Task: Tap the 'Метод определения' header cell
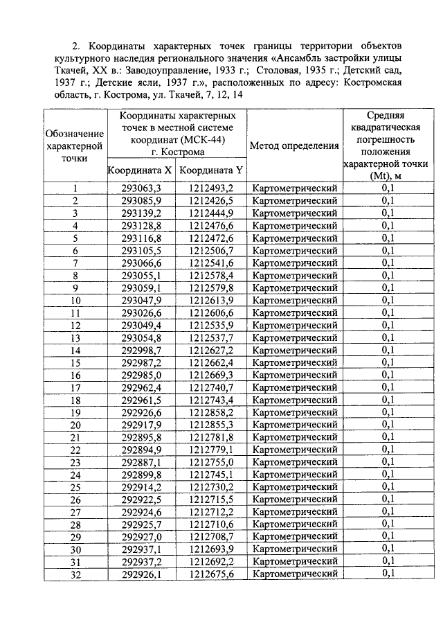(x=294, y=145)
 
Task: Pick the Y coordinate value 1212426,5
(x=210, y=200)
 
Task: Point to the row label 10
(x=75, y=301)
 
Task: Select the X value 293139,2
(x=141, y=213)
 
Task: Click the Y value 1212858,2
(x=210, y=412)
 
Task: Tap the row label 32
(x=75, y=574)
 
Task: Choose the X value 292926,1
(x=141, y=574)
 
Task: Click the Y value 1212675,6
(x=210, y=574)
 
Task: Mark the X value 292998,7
(x=141, y=350)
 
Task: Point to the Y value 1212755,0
(x=210, y=462)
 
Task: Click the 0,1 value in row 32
(x=388, y=574)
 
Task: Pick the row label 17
(x=75, y=387)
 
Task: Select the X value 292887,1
(x=141, y=462)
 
